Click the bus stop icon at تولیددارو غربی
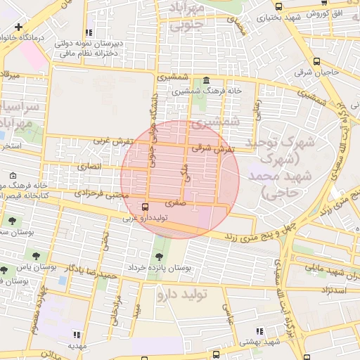145,207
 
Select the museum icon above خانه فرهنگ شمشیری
205,80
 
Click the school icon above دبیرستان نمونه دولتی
89,32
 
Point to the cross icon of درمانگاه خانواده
18,27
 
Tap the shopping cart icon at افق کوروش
323,3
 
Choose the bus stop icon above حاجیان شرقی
317,62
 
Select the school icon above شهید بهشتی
259,331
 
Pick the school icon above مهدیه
77,335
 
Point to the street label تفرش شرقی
212,148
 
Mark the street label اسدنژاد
335,289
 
